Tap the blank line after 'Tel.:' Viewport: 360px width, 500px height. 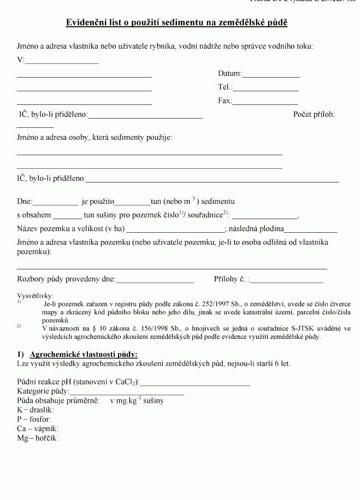pos(265,87)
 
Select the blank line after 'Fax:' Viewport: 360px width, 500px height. pos(265,101)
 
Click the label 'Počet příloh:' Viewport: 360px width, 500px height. pos(314,114)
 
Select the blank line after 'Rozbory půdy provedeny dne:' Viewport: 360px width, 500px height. pos(155,280)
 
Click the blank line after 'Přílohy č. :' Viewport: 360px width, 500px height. pos(287,280)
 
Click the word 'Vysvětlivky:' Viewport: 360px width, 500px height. pos(36,296)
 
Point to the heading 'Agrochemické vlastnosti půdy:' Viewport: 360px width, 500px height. pos(84,354)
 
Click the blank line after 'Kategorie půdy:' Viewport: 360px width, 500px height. pos(127,392)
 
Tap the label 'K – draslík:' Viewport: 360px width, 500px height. pos(36,410)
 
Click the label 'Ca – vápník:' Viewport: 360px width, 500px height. pos(38,428)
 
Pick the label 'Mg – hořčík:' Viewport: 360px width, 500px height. pos(38,438)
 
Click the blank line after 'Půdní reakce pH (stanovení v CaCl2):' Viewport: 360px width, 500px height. pos(195,383)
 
